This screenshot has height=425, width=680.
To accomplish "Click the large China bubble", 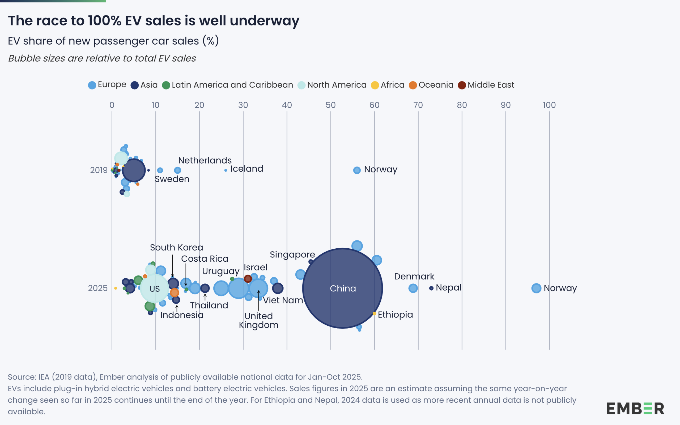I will click(x=343, y=288).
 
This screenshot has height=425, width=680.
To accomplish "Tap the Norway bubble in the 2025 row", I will click(x=536, y=288).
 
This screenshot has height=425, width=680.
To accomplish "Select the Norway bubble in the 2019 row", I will click(x=357, y=170).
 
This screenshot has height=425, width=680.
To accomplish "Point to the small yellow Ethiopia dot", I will click(x=374, y=313).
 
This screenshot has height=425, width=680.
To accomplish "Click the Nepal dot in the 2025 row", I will click(x=431, y=288).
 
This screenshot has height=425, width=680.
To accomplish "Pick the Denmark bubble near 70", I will click(x=413, y=288).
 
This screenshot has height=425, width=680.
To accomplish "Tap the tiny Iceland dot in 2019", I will click(x=226, y=170).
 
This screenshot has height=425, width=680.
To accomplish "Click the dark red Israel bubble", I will click(x=248, y=279).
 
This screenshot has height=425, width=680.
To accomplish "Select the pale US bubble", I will click(x=154, y=288).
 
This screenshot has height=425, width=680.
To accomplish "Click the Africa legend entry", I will click(x=388, y=85).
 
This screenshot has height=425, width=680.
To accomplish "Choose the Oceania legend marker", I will click(x=413, y=85).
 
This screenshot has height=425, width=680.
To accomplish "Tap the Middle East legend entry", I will click(x=486, y=85).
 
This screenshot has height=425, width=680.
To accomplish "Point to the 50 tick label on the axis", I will click(x=330, y=105).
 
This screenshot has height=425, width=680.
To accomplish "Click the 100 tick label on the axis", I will click(x=549, y=105).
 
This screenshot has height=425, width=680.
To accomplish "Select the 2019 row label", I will click(x=99, y=170).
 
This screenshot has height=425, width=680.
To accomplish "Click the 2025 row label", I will click(x=98, y=288).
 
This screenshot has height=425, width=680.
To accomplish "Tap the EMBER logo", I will click(x=635, y=409).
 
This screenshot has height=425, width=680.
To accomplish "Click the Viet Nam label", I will click(x=283, y=300).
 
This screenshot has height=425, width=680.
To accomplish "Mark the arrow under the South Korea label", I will click(x=173, y=266).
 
